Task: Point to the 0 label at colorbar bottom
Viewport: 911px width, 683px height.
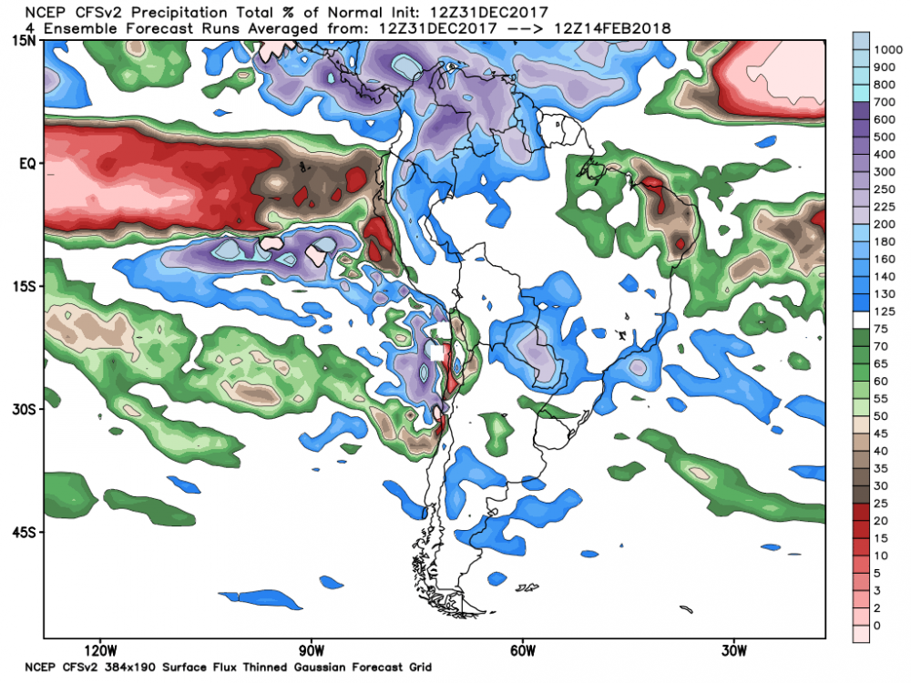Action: coord(875,626)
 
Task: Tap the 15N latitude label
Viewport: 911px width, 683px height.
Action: coord(26,39)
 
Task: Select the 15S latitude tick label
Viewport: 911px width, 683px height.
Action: coord(26,287)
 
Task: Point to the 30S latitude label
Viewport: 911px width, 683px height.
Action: coord(26,409)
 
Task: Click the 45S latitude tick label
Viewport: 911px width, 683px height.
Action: coord(26,532)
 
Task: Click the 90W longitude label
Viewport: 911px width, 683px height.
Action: coord(312,651)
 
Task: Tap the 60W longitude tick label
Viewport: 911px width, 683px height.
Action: coord(523,651)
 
